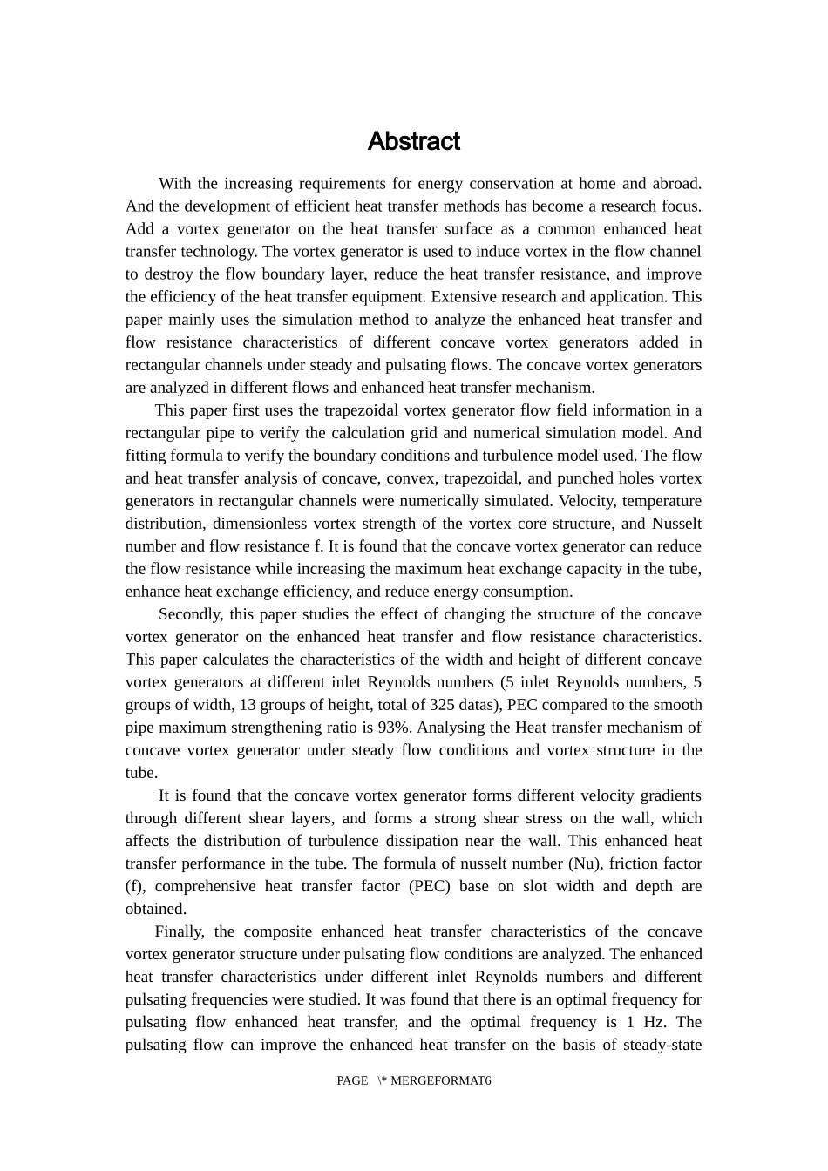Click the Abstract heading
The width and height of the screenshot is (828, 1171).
(413, 141)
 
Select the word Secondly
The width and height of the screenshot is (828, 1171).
(191, 614)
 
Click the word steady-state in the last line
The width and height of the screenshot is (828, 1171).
(662, 1045)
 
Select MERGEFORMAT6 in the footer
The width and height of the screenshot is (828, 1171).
(441, 1080)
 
